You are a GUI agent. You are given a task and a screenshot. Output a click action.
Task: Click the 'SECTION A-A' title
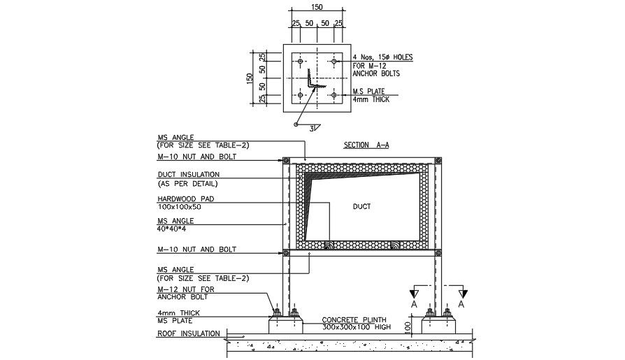(366, 145)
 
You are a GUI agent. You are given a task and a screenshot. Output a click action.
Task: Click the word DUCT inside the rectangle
(361, 207)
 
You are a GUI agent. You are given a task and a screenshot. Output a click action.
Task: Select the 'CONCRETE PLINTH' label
(354, 319)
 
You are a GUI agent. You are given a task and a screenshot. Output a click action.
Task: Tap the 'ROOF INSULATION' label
(188, 333)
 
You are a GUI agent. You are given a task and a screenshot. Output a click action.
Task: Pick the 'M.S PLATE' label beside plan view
(370, 92)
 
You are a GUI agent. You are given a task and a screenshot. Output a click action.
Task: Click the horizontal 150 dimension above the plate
(318, 7)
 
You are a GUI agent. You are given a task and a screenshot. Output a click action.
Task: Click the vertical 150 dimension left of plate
(250, 78)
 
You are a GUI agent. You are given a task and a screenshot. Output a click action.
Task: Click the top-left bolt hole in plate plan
(301, 62)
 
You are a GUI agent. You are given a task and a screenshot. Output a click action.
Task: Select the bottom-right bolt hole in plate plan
(334, 94)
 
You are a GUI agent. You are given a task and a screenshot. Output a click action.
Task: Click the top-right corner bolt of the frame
(438, 162)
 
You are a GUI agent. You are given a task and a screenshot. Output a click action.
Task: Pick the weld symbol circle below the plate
(296, 125)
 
